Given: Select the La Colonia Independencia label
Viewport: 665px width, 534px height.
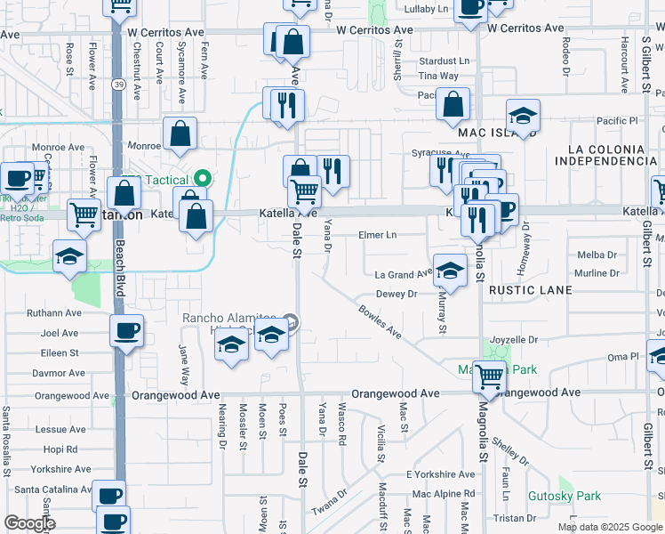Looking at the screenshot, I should (x=605, y=154).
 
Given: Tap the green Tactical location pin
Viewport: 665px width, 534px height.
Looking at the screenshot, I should (x=202, y=177).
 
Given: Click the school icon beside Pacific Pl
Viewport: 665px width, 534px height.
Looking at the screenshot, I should (x=523, y=116).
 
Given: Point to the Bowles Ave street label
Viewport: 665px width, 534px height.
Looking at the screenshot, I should (x=380, y=321).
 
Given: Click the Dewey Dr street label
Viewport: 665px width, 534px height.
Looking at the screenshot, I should (x=397, y=294).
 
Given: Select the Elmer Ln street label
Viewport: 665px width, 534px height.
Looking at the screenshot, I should (x=377, y=235).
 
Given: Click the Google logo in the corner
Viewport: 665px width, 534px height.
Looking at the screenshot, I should (x=28, y=523).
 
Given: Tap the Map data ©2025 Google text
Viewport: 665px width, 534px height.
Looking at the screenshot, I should (x=609, y=527).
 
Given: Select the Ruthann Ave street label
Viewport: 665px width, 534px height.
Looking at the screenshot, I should (x=54, y=313).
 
